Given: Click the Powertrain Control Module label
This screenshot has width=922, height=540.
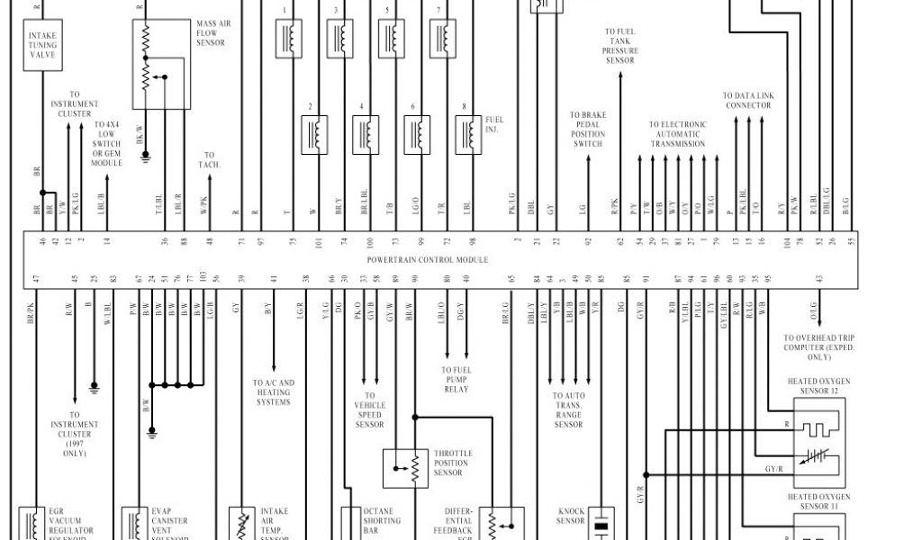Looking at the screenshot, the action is pyautogui.click(x=428, y=259).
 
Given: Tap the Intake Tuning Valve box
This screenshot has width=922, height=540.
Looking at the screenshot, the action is pyautogui.click(x=37, y=45).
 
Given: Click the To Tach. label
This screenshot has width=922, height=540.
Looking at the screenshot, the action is pyautogui.click(x=210, y=160).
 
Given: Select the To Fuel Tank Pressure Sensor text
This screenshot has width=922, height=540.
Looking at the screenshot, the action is pyautogui.click(x=620, y=46).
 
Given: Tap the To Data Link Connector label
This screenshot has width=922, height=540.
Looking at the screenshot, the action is pyautogui.click(x=748, y=100).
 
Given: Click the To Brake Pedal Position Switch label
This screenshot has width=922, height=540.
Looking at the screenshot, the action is pyautogui.click(x=588, y=130).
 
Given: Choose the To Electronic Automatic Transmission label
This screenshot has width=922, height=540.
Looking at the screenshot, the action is pyautogui.click(x=678, y=134).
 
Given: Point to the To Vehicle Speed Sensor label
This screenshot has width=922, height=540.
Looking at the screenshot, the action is pyautogui.click(x=370, y=409).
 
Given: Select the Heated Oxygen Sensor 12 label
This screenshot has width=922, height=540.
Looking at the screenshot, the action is pyautogui.click(x=818, y=386).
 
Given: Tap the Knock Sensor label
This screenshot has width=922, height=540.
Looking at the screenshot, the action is pyautogui.click(x=571, y=515).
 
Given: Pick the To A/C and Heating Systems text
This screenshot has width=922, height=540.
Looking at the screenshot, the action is pyautogui.click(x=273, y=392).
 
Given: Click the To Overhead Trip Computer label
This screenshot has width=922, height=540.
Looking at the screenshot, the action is pyautogui.click(x=818, y=348).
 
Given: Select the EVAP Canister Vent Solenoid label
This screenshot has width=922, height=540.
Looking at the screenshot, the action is pyautogui.click(x=169, y=526).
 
